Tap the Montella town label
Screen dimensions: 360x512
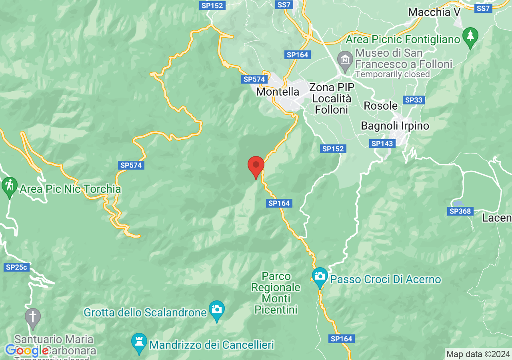[x=278, y=92]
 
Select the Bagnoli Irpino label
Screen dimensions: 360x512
[x=395, y=126]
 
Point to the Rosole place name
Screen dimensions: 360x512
[x=381, y=106]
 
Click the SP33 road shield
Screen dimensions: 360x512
[x=414, y=100]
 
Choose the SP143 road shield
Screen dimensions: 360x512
[x=382, y=144]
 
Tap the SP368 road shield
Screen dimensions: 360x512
[x=461, y=211]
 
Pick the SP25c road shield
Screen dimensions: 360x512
[x=17, y=267]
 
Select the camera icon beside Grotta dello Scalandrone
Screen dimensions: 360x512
[x=217, y=310]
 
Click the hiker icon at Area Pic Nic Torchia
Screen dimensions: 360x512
[x=9, y=186]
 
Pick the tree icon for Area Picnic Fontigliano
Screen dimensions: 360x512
[x=470, y=36]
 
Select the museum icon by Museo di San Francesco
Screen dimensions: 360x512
[x=345, y=59]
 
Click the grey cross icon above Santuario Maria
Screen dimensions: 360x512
[x=33, y=317]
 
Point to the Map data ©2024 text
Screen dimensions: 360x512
[x=478, y=354]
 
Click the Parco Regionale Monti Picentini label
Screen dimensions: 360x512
[x=276, y=293]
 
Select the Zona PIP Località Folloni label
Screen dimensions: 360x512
[x=332, y=98]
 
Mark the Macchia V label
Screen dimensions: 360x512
[x=434, y=12]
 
